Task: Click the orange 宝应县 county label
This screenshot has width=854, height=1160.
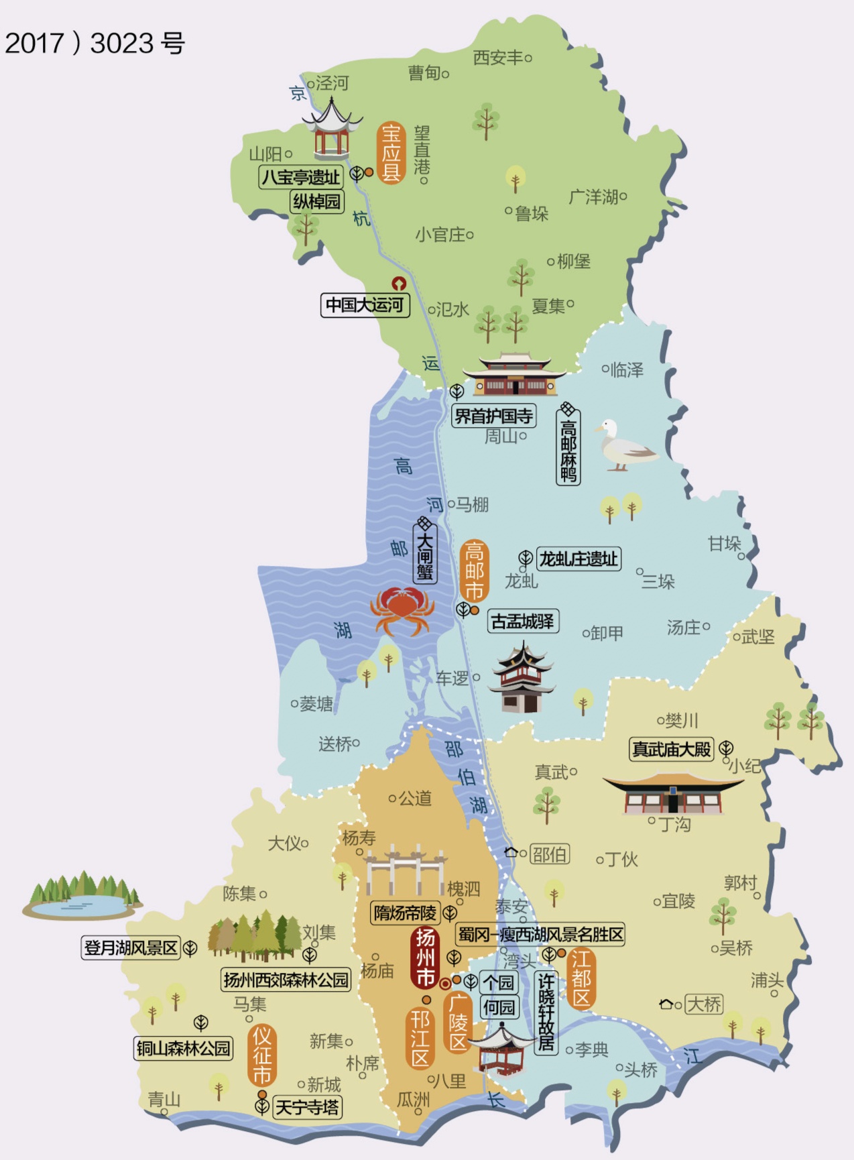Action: click(x=391, y=154)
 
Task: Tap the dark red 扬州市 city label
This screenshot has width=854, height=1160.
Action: click(x=426, y=958)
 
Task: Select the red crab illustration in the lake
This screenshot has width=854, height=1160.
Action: click(x=400, y=609)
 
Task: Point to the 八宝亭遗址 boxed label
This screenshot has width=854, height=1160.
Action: click(x=301, y=178)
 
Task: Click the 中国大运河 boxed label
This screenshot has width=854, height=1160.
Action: click(x=365, y=305)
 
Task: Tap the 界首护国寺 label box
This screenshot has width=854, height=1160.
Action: click(x=493, y=416)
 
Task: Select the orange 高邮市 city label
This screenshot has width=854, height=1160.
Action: click(x=474, y=571)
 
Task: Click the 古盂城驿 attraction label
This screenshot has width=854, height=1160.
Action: click(x=522, y=622)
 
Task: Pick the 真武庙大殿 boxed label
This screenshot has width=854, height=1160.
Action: click(x=671, y=749)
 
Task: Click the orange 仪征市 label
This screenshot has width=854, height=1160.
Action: click(x=261, y=1056)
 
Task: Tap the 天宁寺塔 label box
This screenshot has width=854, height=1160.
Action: click(x=308, y=1107)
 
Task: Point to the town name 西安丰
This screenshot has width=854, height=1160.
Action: click(x=498, y=58)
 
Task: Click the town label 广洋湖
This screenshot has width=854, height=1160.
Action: click(x=593, y=197)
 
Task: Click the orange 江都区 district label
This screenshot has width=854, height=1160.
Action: click(x=581, y=979)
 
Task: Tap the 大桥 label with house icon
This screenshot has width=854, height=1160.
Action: click(x=704, y=1004)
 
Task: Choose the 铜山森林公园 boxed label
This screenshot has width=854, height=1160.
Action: click(x=183, y=1048)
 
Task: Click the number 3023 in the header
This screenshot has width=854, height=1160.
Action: click(x=122, y=44)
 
